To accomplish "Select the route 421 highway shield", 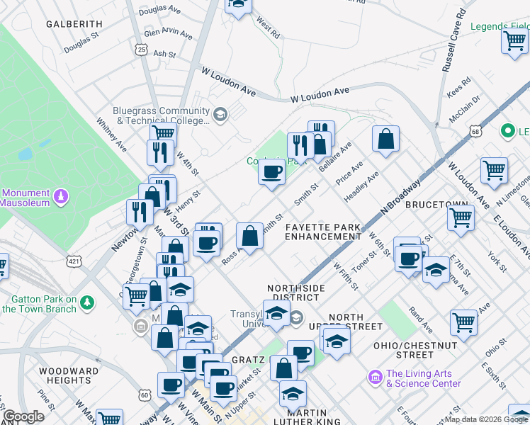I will [x=73, y=262].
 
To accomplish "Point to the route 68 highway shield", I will [x=475, y=131].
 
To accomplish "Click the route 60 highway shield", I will [x=145, y=395].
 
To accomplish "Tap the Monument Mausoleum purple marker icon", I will [x=62, y=195].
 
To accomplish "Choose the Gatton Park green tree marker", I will [x=87, y=302].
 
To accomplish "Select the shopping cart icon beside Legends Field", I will [x=514, y=40].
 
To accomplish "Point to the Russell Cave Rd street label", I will [x=453, y=40].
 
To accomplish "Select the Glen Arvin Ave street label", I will [x=168, y=33].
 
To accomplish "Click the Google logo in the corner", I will [x=23, y=416].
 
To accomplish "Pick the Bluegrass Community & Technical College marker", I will [x=220, y=115].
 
